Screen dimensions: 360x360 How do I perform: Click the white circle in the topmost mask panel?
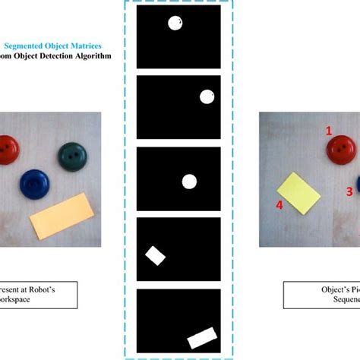click(x=175, y=24)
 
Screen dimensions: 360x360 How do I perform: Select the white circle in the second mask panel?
click(x=207, y=96)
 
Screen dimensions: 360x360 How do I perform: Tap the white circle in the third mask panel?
click(x=189, y=181)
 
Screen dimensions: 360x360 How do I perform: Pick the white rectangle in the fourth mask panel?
click(x=156, y=255)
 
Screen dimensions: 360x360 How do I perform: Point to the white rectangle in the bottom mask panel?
click(x=202, y=336)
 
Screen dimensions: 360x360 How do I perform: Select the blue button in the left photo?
click(x=33, y=185)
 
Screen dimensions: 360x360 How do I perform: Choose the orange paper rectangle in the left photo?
click(x=61, y=214)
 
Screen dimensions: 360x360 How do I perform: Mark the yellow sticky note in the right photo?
click(x=299, y=193)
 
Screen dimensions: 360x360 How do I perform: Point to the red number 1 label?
click(x=329, y=131)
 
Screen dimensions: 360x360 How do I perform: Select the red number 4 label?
click(x=279, y=205)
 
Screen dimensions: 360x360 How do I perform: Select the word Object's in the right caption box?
click(x=316, y=290)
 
